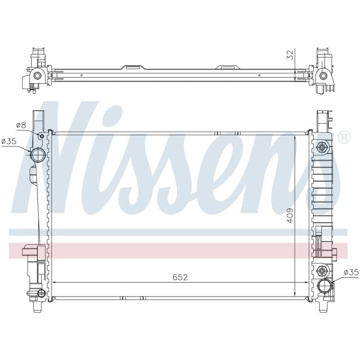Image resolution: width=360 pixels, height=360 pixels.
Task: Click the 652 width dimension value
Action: point(180,277)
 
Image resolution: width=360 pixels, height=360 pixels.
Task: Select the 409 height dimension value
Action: point(290,215)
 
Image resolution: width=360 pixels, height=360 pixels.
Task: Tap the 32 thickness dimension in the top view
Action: point(290,55)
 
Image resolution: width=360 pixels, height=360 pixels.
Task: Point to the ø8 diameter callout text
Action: point(21,126)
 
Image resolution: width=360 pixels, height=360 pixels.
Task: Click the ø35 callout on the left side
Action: point(9,141)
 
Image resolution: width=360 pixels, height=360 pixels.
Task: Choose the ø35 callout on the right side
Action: point(351,272)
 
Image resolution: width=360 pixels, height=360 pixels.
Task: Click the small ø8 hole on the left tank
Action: point(42,136)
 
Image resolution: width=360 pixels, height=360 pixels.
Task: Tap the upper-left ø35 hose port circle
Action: point(38,155)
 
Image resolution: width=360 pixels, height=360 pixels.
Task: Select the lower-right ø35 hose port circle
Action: point(324,285)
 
